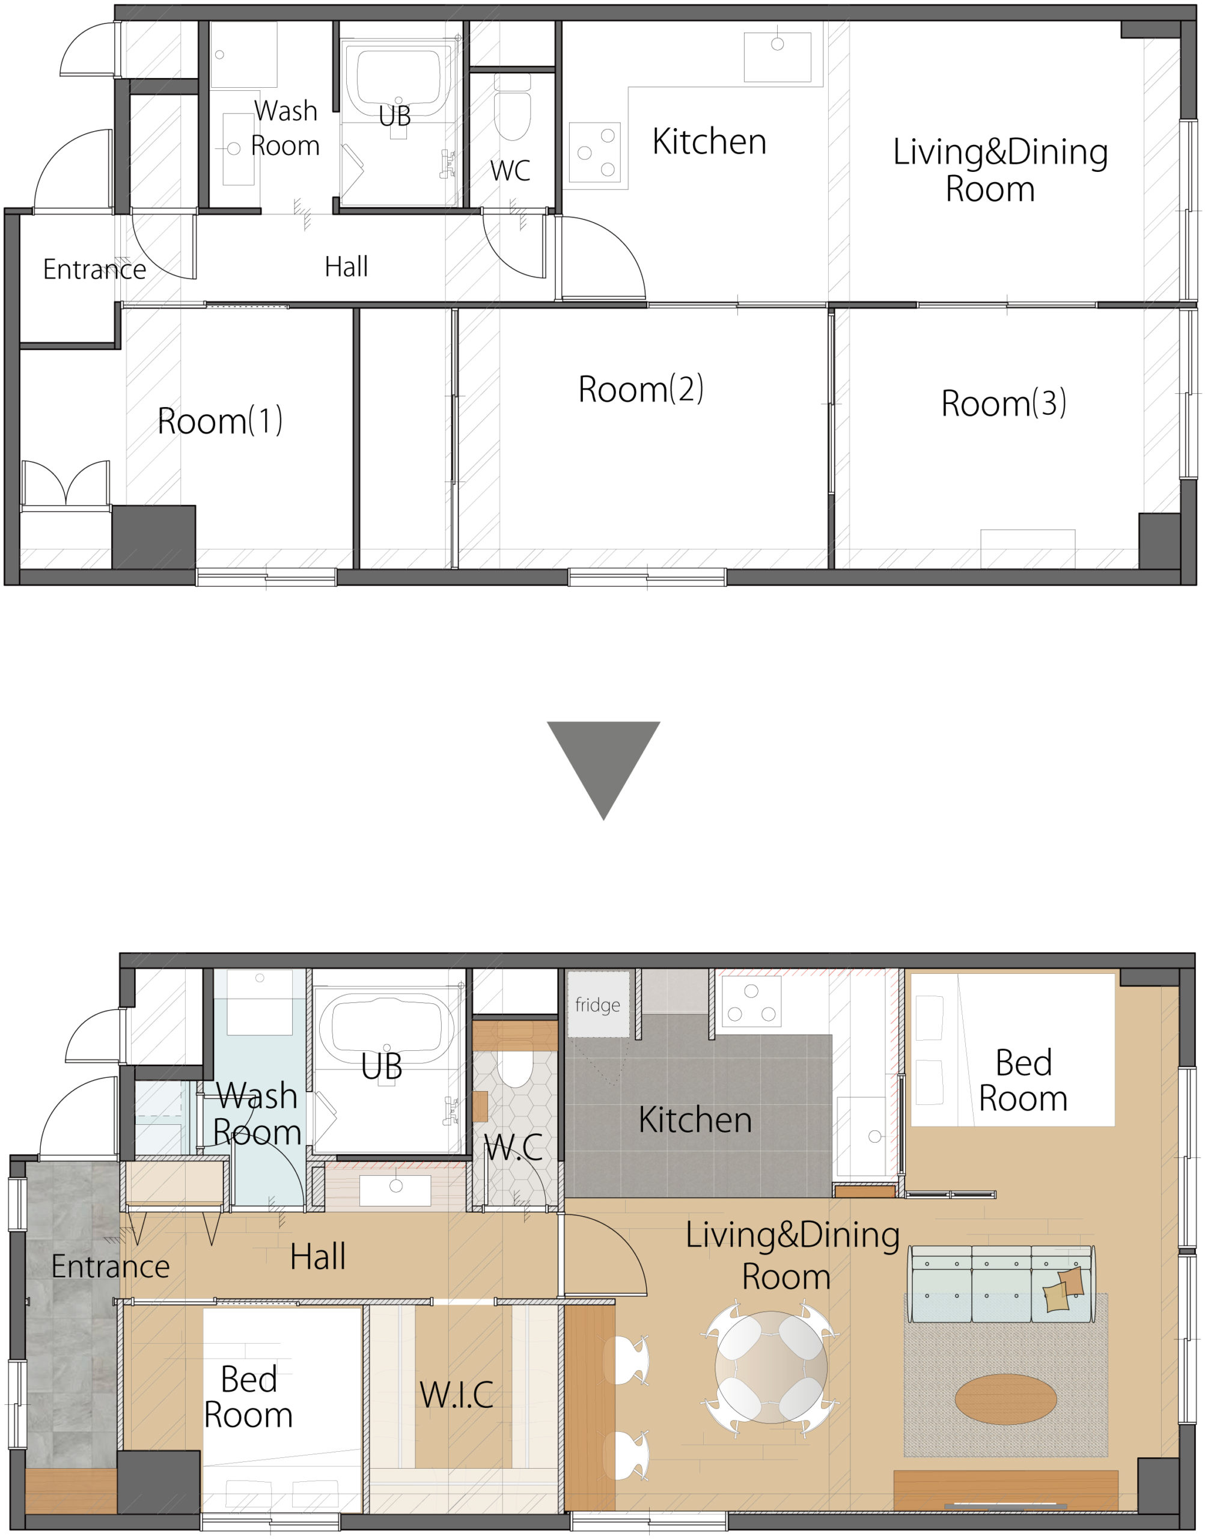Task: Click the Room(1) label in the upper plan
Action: point(219,421)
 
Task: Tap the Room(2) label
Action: point(641,389)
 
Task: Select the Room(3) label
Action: point(1003,403)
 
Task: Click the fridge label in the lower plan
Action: point(597,1004)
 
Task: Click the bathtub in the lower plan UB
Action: point(386,1029)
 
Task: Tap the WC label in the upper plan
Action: point(510,170)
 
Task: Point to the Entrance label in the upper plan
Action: point(94,269)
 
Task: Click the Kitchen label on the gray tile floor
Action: point(695,1120)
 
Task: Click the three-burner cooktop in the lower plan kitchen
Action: point(751,1000)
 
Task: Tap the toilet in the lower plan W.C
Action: point(515,1068)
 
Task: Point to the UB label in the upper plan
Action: point(394,115)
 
